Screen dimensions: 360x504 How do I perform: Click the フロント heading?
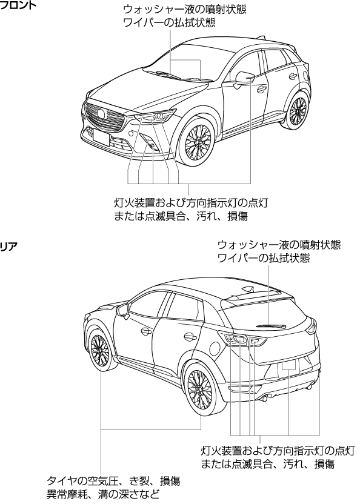[18, 5]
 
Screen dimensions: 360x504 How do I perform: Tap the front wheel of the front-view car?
[197, 142]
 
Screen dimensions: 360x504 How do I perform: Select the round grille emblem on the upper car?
[101, 114]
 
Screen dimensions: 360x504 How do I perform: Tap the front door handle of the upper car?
[262, 88]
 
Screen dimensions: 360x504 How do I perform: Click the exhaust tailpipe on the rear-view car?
[266, 399]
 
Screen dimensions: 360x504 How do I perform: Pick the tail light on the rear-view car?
[241, 339]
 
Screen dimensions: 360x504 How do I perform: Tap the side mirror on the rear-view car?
[123, 311]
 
